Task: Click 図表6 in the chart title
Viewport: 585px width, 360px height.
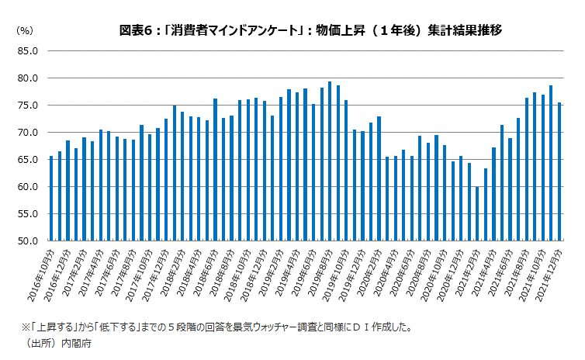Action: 136,30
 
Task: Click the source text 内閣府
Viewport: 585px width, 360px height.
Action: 80,343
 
